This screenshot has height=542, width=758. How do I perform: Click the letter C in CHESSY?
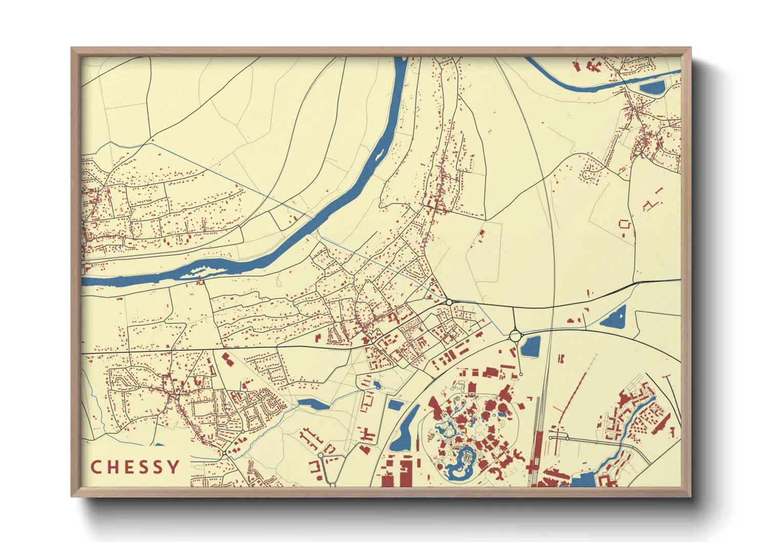pos(96,467)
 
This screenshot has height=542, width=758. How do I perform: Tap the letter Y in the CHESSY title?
pos(174,467)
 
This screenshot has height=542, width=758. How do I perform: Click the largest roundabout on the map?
pos(515,336)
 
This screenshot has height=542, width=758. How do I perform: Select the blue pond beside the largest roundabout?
pos(530,347)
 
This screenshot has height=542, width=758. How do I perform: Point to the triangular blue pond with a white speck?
pos(615,318)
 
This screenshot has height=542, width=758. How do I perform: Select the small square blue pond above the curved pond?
pos(395,405)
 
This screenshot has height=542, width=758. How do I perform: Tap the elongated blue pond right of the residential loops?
pos(313,404)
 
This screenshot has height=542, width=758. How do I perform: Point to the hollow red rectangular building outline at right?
pos(624,224)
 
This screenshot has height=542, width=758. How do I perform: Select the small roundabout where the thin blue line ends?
pos(449,302)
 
